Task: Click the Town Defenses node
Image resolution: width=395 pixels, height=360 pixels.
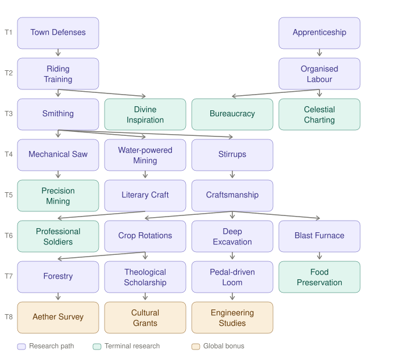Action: (58, 33)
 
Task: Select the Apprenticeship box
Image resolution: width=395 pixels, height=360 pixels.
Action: (319, 33)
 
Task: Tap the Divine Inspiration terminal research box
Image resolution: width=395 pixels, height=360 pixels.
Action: (145, 114)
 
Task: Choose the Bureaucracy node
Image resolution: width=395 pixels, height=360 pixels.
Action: (232, 114)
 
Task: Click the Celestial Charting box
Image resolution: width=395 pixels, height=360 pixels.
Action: (319, 114)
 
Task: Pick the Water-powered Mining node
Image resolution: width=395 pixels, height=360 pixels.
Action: (145, 155)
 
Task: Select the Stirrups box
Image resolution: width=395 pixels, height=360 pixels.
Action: (232, 155)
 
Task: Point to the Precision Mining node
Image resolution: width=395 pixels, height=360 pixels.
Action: (58, 196)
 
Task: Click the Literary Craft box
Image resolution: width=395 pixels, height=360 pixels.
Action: (145, 196)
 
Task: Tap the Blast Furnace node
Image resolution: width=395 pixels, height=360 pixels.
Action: (319, 236)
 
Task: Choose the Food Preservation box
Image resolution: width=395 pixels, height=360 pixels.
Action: (319, 277)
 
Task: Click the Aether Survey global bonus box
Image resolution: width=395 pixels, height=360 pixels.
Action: (58, 318)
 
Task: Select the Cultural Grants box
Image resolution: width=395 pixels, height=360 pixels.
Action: (145, 318)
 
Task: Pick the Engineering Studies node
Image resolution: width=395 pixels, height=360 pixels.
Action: (232, 318)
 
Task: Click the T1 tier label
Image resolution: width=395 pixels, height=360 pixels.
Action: (9, 33)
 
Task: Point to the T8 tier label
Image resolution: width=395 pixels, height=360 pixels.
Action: (9, 317)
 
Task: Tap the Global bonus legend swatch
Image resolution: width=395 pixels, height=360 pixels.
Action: (196, 347)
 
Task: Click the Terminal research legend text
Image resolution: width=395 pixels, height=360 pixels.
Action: (132, 346)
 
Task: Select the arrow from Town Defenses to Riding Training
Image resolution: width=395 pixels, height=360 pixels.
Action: (58, 53)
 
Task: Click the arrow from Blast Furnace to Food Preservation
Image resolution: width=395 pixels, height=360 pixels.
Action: (319, 257)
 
